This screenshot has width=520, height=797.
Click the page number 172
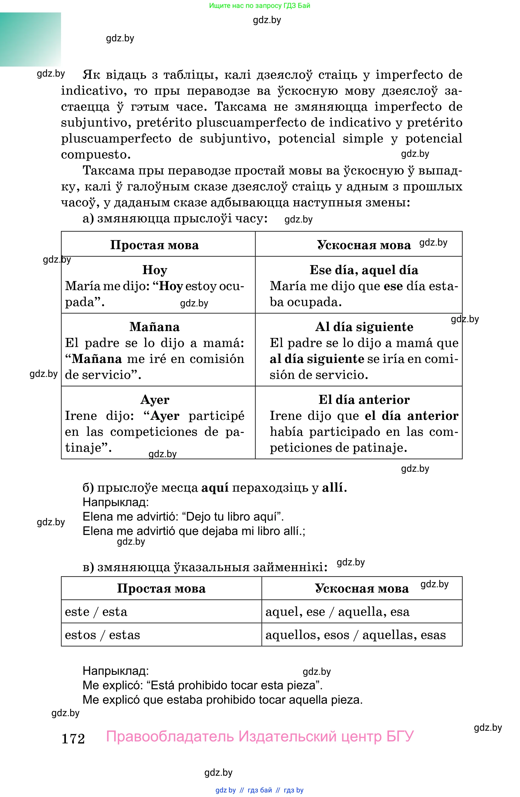pyautogui.click(x=73, y=739)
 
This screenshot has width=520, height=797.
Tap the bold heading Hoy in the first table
pyautogui.click(x=155, y=270)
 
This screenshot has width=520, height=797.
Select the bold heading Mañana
pyautogui.click(x=155, y=327)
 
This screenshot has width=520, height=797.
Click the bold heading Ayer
pyautogui.click(x=155, y=399)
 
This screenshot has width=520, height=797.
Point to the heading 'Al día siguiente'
pyautogui.click(x=364, y=327)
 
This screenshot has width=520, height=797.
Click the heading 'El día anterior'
pyautogui.click(x=364, y=399)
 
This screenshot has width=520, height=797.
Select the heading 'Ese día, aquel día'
pyautogui.click(x=364, y=270)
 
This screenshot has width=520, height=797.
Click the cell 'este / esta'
pyautogui.click(x=96, y=612)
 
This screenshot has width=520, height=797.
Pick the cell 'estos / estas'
pyautogui.click(x=102, y=635)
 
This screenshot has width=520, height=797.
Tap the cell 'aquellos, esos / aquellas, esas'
pyautogui.click(x=355, y=635)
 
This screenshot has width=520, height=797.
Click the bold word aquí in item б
pyautogui.click(x=215, y=488)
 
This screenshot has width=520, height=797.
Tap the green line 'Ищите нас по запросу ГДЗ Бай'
pyautogui.click(x=260, y=6)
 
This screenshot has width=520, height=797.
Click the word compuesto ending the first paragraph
pyautogui.click(x=95, y=155)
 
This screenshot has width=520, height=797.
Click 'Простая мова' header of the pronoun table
pyautogui.click(x=161, y=588)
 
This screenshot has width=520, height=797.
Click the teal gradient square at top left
pyautogui.click(x=30, y=40)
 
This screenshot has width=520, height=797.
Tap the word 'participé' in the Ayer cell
pyautogui.click(x=216, y=416)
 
